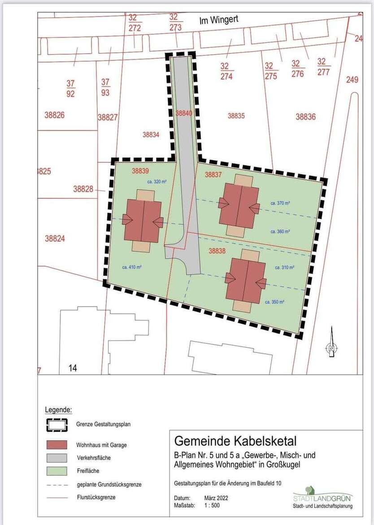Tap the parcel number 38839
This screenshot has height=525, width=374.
[140, 171]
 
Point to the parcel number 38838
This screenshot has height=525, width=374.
[217, 252]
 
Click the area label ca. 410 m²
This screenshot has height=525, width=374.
[132, 267]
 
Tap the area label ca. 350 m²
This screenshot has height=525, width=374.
[275, 302]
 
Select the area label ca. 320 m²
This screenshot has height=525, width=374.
[157, 182]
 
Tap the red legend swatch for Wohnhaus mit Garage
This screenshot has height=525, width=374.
[56, 445]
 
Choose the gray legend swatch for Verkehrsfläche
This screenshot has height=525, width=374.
[56, 458]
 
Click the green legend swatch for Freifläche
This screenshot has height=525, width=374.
[56, 471]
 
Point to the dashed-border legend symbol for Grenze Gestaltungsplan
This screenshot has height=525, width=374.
[56, 424]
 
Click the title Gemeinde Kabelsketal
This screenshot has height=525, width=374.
[235, 441]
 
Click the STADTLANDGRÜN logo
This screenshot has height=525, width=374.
[322, 496]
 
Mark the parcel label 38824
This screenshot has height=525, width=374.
[55, 239]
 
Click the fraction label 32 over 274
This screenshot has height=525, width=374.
[226, 71]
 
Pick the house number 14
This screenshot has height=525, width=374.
[73, 368]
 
